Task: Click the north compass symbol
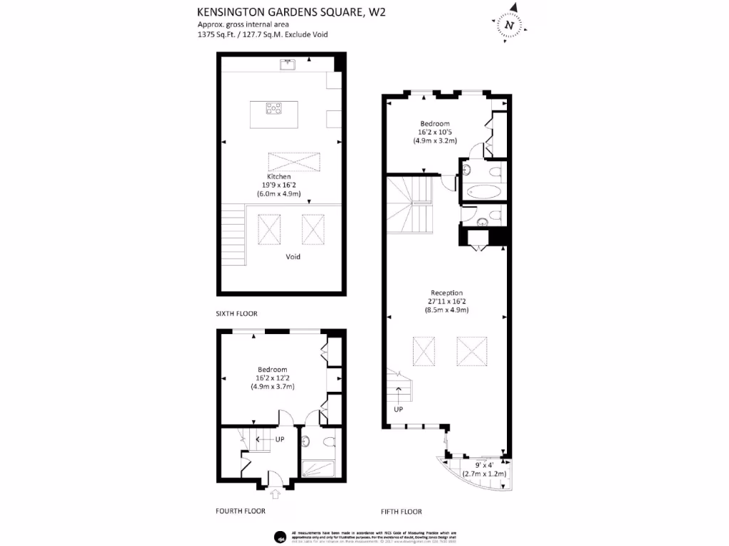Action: pyautogui.click(x=508, y=25)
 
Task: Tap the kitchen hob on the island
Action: pyautogui.click(x=274, y=108)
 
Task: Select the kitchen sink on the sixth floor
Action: pyautogui.click(x=288, y=65)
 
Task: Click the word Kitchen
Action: pyautogui.click(x=278, y=176)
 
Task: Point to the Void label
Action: pyautogui.click(x=293, y=257)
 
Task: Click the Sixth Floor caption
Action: pyautogui.click(x=236, y=314)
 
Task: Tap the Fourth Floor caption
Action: pyautogui.click(x=240, y=510)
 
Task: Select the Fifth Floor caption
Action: pyautogui.click(x=402, y=511)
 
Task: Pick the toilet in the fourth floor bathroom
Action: pyautogui.click(x=328, y=442)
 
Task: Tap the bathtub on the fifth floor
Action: pyautogui.click(x=484, y=192)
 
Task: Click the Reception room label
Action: pyautogui.click(x=446, y=292)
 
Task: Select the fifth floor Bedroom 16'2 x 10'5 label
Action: pyautogui.click(x=434, y=124)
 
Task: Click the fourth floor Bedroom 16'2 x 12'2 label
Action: pyautogui.click(x=272, y=370)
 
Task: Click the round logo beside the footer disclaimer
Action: pyautogui.click(x=280, y=536)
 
